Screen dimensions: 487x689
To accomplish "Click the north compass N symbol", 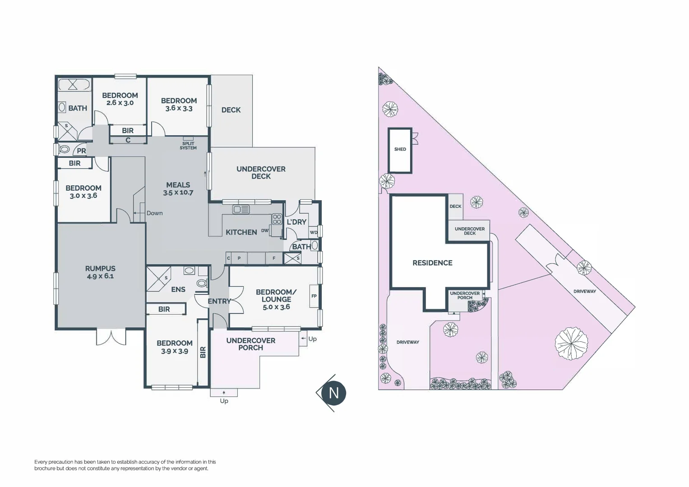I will click(333, 393).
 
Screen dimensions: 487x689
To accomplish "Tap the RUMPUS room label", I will click(100, 272).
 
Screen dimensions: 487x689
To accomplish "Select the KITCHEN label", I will click(241, 232).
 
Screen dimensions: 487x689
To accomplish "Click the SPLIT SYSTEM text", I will click(188, 146).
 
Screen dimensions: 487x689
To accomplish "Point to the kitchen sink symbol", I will click(241, 209).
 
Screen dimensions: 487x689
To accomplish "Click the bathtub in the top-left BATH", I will click(74, 85).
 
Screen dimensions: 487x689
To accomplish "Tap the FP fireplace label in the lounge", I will click(314, 296).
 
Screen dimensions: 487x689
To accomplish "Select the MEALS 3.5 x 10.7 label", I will click(178, 188).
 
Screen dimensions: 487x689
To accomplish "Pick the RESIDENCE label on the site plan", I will click(432, 263).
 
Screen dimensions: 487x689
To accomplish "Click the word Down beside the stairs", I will click(154, 213).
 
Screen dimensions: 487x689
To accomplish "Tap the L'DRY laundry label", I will click(296, 222).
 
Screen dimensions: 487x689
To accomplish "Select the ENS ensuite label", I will click(178, 289).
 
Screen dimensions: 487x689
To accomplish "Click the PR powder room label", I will click(81, 151).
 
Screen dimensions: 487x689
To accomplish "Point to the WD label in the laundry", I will click(314, 233).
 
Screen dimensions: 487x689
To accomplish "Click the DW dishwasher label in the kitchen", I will click(265, 230).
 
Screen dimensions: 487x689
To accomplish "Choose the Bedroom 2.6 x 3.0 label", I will click(120, 99).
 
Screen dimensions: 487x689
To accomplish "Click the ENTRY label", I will click(219, 301).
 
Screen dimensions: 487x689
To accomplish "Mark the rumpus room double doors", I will click(111, 337).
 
